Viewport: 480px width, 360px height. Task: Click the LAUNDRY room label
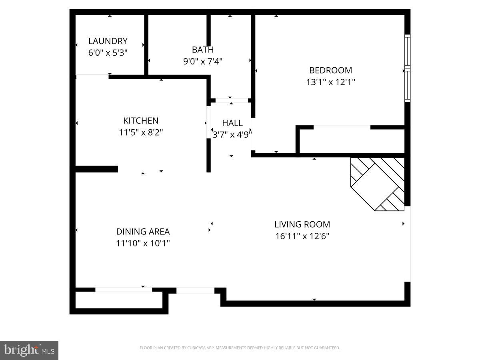pyautogui.click(x=108, y=41)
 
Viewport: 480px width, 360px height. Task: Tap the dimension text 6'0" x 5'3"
pyautogui.click(x=108, y=53)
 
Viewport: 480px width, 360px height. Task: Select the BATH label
pyautogui.click(x=202, y=50)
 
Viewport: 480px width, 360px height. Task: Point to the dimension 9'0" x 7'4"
pyautogui.click(x=202, y=62)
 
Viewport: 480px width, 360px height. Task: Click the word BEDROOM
pyautogui.click(x=330, y=70)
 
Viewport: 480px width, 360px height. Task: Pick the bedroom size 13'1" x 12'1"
pyautogui.click(x=330, y=82)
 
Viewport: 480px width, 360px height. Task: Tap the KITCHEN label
pyautogui.click(x=141, y=120)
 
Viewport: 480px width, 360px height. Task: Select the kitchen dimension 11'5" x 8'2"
pyautogui.click(x=141, y=132)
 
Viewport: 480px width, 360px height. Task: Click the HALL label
pyautogui.click(x=232, y=123)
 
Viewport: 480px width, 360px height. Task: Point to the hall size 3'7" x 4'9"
pyautogui.click(x=232, y=135)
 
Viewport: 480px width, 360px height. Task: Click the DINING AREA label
pyautogui.click(x=143, y=232)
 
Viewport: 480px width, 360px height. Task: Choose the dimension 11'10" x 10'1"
pyautogui.click(x=143, y=243)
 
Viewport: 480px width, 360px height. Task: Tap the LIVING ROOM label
pyautogui.click(x=302, y=224)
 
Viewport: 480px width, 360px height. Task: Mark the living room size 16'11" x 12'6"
pyautogui.click(x=302, y=236)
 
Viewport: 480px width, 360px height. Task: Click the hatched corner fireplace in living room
pyautogui.click(x=378, y=183)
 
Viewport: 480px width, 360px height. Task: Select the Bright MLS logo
pyautogui.click(x=29, y=350)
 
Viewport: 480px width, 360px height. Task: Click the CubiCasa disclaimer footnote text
pyautogui.click(x=240, y=348)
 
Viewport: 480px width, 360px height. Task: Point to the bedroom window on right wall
pyautogui.click(x=407, y=68)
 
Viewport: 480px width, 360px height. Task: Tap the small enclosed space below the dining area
pyautogui.click(x=119, y=300)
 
